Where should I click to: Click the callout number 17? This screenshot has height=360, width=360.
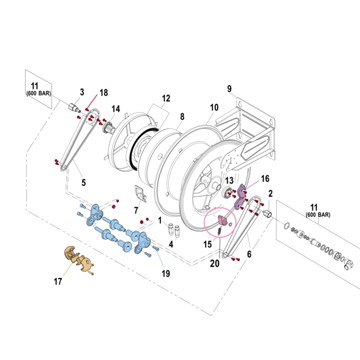tap(58, 282)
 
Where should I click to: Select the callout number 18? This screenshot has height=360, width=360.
tap(104, 93)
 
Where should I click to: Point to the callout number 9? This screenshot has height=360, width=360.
tap(229, 89)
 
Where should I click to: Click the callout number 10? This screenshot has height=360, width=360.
tap(214, 107)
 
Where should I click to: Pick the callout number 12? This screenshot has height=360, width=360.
tap(166, 98)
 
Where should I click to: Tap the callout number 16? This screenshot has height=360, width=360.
tap(265, 178)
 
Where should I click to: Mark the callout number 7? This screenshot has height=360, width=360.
tap(136, 210)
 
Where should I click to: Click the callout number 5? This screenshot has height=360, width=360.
tap(83, 182)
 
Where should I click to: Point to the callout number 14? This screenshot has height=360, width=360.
tap(116, 109)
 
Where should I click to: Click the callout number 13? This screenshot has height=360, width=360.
tap(229, 181)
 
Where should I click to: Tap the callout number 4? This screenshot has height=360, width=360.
tap(171, 245)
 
